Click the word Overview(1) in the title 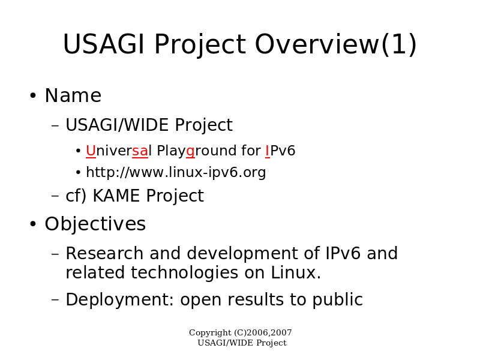click(x=336, y=44)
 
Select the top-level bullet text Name click(x=73, y=95)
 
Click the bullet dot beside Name click(x=33, y=95)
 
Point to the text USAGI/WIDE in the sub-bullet click(x=117, y=125)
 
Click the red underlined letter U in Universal click(x=91, y=151)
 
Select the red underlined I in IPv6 click(x=268, y=151)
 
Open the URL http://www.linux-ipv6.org click(x=176, y=172)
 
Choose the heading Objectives click(x=95, y=224)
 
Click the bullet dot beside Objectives click(x=33, y=224)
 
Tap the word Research click(x=104, y=253)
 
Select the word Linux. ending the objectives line click(x=296, y=272)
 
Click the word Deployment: click(x=119, y=300)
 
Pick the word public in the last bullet click(x=338, y=300)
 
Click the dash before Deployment click(x=55, y=299)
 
